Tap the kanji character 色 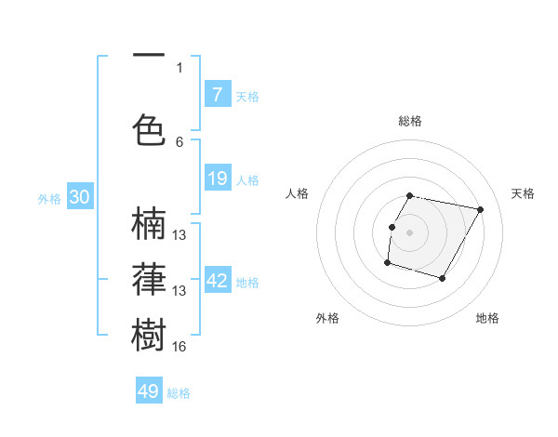[x=150, y=131]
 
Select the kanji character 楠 [x=150, y=225]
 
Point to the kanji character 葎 [x=150, y=279]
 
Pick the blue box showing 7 [x=217, y=94]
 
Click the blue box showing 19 [x=217, y=179]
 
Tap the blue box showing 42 [x=217, y=280]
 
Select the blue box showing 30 [x=79, y=197]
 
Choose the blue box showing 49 [x=149, y=391]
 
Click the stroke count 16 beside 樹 [x=179, y=347]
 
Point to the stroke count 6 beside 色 [x=179, y=141]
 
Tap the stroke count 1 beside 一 [x=179, y=67]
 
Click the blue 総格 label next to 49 [x=179, y=393]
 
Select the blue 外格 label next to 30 [x=49, y=199]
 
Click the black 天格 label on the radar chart [x=523, y=193]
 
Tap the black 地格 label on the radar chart [x=487, y=318]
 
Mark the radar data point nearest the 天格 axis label [x=480, y=210]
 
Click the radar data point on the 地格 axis [x=443, y=279]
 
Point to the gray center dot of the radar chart [x=409, y=232]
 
